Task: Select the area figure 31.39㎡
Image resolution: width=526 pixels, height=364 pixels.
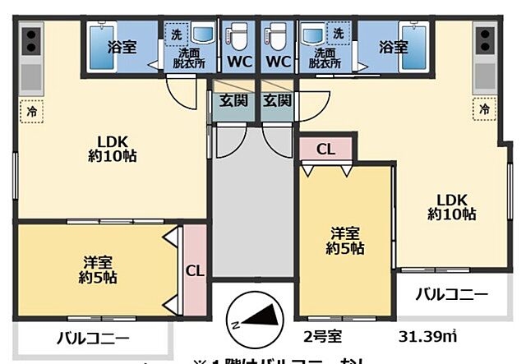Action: pos(428,337)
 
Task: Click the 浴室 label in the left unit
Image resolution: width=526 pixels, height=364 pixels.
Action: pos(122,47)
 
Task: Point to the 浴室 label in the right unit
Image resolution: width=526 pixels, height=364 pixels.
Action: pos(393,47)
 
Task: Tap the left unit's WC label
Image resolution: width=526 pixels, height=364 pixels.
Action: pos(239,62)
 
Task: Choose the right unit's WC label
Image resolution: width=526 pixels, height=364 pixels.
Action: pos(277,62)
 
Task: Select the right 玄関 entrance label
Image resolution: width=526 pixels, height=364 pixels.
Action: pos(277,102)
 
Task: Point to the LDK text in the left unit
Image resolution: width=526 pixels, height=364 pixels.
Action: pos(113,139)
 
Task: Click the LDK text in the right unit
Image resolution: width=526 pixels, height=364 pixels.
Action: pos(451,199)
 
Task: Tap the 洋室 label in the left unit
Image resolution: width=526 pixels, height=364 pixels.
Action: pos(98,263)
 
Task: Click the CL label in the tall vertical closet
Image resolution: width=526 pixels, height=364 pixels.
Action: pos(195,270)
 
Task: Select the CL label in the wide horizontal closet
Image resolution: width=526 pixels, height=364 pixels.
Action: pos(325,149)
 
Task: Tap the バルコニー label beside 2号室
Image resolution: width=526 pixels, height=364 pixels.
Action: pos(450,293)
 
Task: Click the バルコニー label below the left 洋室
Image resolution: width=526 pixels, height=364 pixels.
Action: pos(92,338)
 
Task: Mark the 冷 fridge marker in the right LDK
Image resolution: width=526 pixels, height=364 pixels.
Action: pos(485,108)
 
